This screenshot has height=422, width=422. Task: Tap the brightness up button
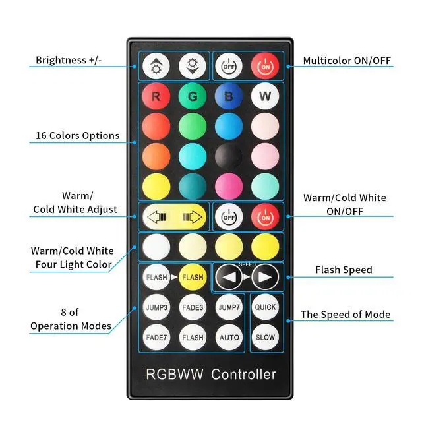(156, 66)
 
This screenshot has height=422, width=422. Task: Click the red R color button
(156, 96)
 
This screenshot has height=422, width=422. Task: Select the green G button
(193, 96)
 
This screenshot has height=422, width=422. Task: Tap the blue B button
(229, 96)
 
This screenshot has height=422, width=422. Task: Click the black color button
(229, 156)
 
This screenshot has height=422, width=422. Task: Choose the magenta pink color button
(229, 187)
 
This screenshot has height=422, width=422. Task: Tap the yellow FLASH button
(193, 277)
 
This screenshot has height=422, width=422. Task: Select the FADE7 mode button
(156, 337)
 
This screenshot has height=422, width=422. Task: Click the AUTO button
(229, 337)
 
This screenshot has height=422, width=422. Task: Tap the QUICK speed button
(265, 307)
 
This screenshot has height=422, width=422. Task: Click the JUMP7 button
(229, 307)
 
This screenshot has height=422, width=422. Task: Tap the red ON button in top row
(265, 66)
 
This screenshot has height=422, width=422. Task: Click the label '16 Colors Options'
(78, 135)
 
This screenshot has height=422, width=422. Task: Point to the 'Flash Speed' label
(344, 270)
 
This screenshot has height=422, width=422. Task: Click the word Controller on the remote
(243, 375)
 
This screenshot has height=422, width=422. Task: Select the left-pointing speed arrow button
(229, 277)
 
